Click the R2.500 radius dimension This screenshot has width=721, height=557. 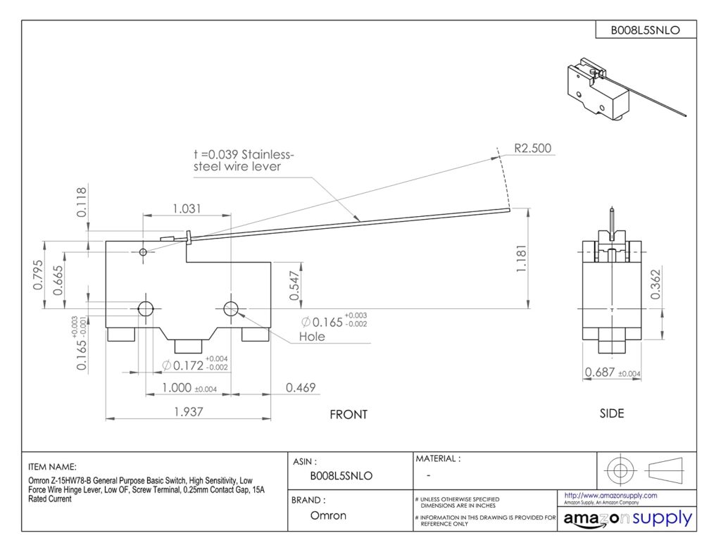[x=532, y=149]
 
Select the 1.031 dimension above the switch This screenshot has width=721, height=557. [x=187, y=208]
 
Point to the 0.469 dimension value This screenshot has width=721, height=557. [x=300, y=388]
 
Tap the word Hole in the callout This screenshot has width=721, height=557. [x=312, y=337]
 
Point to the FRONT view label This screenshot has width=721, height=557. [x=349, y=415]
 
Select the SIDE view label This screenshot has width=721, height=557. [x=611, y=413]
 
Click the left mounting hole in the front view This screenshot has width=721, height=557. [x=146, y=308]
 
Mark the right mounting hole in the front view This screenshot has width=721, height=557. [x=231, y=308]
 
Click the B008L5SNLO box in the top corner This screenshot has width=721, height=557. [x=644, y=30]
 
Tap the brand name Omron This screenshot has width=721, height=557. [x=329, y=515]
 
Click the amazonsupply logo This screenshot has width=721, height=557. [x=627, y=519]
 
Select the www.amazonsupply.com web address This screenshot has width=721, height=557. [x=610, y=496]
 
